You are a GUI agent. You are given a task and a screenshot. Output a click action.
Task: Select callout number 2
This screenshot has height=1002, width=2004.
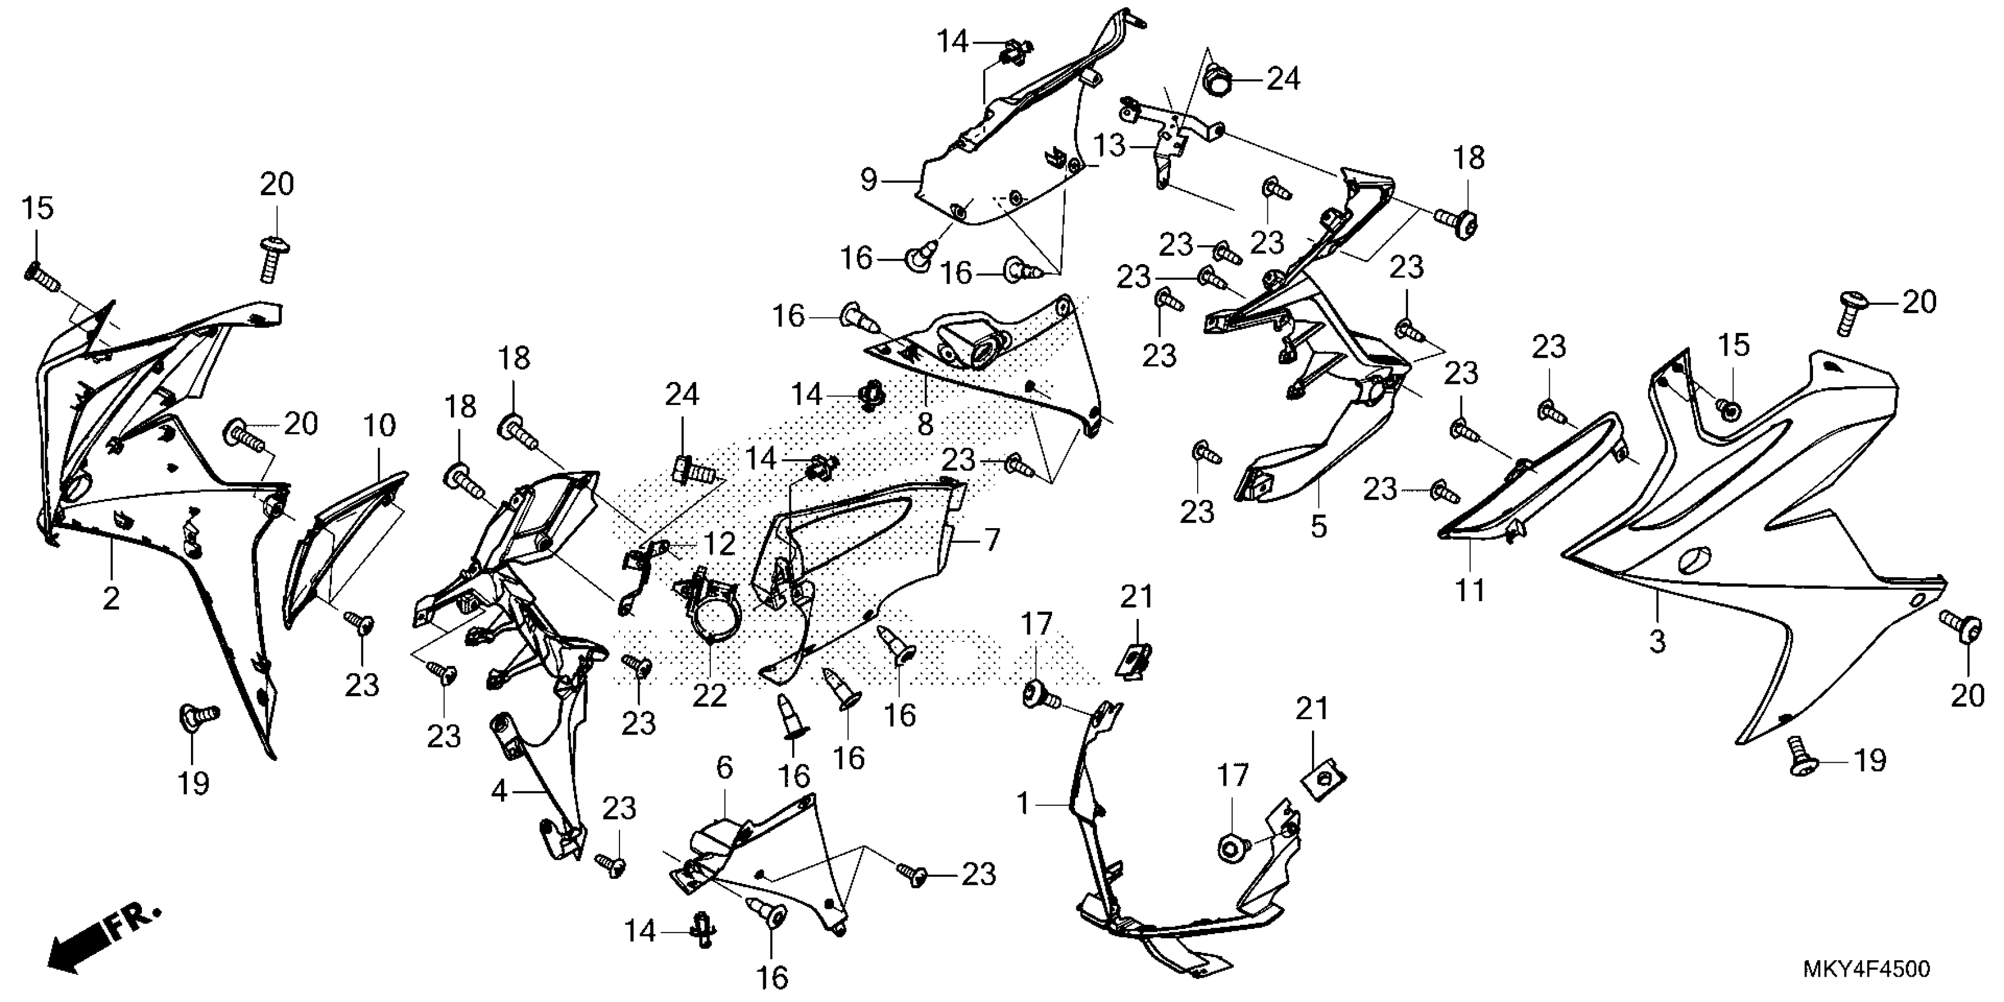point(111,598)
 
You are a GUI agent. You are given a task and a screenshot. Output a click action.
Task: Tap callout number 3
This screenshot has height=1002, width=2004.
point(1658,642)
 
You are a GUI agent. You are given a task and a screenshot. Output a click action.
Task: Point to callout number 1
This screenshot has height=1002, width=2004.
point(1024,803)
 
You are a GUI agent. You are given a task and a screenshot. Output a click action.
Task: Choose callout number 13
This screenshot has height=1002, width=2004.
point(1110,146)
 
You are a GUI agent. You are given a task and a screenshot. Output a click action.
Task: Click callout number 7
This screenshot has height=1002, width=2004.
point(991,540)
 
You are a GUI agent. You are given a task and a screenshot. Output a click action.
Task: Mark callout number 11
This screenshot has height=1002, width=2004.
point(1471,591)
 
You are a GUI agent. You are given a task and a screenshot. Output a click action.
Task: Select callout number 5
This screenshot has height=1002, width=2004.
point(1318,527)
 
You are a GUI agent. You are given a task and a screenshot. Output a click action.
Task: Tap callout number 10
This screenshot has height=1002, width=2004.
point(380,426)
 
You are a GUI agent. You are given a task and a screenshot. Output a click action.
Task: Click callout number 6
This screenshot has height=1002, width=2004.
point(724,768)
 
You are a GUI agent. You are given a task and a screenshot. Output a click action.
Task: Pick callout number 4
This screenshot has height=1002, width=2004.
point(499,792)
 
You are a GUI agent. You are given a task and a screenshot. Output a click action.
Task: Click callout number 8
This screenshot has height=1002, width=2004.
point(924,424)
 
